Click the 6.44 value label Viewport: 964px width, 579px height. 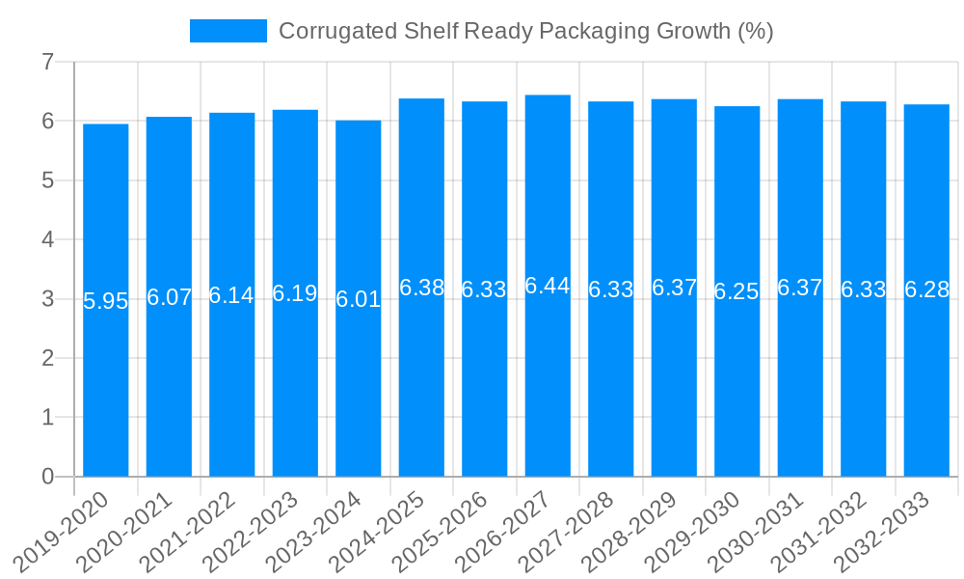548,286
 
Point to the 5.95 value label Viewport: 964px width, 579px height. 106,301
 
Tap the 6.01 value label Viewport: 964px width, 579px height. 359,299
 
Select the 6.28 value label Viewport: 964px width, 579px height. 926,290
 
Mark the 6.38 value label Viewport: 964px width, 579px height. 421,288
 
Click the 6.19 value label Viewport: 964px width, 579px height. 295,293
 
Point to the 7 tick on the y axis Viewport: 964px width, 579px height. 47,63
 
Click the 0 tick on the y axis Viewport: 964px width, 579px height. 47,477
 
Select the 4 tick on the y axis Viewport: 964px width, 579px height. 47,240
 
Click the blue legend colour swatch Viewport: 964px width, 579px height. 228,31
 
